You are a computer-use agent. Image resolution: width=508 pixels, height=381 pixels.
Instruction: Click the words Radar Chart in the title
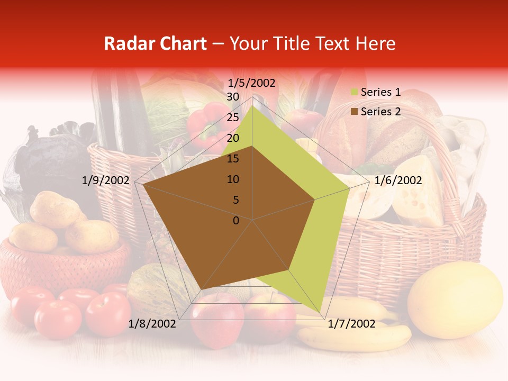(x=155, y=43)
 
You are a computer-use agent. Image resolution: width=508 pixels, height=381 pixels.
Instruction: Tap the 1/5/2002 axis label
(x=251, y=83)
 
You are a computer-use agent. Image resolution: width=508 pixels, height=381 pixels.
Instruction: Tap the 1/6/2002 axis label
(x=398, y=180)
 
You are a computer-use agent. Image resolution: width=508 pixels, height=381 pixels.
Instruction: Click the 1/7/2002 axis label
(x=351, y=324)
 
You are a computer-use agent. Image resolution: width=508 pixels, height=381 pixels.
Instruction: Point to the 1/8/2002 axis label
(x=152, y=324)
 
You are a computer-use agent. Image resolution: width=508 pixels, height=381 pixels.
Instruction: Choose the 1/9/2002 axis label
(x=106, y=180)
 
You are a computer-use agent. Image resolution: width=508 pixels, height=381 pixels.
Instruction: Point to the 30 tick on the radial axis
(x=233, y=97)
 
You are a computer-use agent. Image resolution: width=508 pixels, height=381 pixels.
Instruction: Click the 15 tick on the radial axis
(x=233, y=159)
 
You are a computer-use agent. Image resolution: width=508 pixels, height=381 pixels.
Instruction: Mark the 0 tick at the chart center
(x=236, y=221)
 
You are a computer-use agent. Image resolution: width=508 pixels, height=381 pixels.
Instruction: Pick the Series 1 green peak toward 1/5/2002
(x=252, y=106)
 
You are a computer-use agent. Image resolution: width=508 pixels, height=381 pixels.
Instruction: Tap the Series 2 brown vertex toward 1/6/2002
(x=315, y=199)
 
